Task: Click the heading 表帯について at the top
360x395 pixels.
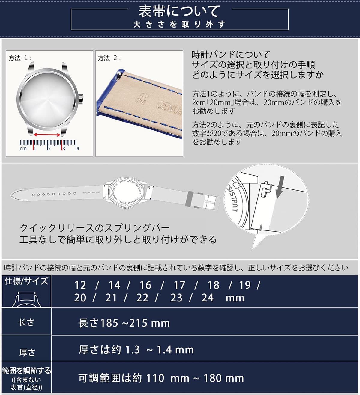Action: click(179, 11)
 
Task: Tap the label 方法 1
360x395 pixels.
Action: click(20, 58)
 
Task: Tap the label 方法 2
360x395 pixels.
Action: click(109, 58)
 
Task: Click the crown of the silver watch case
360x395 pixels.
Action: click(81, 99)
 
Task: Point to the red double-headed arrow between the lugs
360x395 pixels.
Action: click(47, 135)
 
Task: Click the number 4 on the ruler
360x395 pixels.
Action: click(78, 149)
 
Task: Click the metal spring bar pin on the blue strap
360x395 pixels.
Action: click(119, 74)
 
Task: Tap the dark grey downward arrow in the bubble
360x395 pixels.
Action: click(280, 187)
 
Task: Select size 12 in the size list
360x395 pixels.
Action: click(80, 285)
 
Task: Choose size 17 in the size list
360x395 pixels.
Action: click(179, 285)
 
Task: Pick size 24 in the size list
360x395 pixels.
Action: click(207, 298)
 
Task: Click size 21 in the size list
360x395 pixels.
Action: click(111, 298)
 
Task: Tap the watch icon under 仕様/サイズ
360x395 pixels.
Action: click(26, 299)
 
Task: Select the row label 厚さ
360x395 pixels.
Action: click(27, 352)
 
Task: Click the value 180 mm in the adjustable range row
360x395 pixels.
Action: click(224, 378)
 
